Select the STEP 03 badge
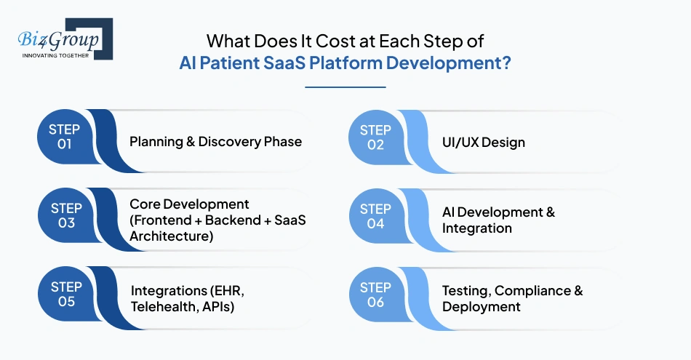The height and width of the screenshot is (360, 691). coord(66,215)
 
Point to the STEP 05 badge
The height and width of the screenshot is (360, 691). coord(66,294)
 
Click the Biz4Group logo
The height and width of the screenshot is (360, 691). coord(65,39)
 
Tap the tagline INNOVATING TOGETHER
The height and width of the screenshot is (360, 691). coord(55,55)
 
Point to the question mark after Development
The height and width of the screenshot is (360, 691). coord(506,63)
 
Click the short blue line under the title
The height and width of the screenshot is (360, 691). coord(345,87)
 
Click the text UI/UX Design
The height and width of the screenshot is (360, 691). coord(484,143)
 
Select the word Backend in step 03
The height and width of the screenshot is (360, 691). coord(233,220)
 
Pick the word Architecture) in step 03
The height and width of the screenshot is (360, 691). coord(172,236)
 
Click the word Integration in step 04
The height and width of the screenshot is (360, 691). coord(477,228)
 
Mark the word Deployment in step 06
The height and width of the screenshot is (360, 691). coord(482,307)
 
